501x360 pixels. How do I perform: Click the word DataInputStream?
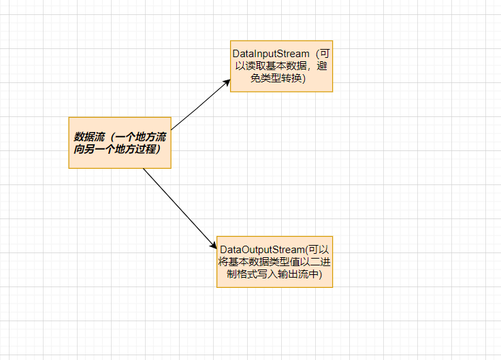point(271,53)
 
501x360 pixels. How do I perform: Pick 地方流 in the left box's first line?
point(151,136)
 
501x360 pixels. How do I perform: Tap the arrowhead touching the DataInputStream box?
point(227,82)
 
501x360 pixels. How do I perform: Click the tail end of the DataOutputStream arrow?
point(144,168)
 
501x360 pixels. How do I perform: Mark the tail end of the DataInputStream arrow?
point(172,129)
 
